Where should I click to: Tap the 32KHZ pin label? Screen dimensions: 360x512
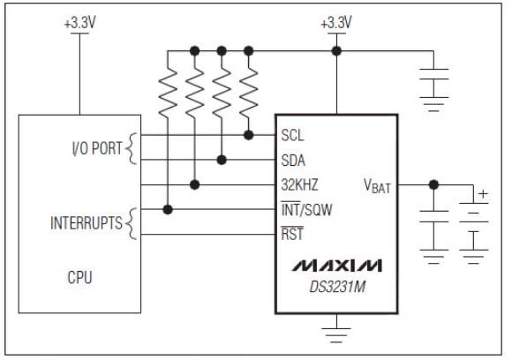tap(299, 184)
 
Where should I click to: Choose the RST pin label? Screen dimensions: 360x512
tap(292, 235)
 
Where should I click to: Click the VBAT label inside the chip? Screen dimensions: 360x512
tap(377, 186)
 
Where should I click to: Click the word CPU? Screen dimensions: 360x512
tap(80, 278)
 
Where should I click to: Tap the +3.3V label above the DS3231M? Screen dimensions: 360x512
tap(335, 24)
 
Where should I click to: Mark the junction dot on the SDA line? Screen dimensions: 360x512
tap(222, 160)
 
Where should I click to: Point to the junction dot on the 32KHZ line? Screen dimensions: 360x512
tap(194, 184)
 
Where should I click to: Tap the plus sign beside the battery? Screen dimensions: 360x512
tap(482, 193)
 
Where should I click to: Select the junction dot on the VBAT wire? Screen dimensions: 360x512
tap(433, 184)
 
